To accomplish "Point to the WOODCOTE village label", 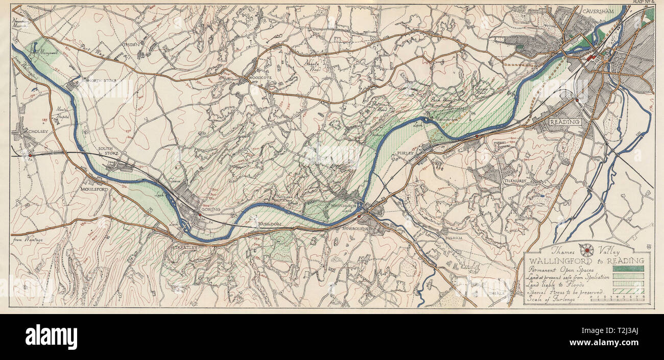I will (258, 78).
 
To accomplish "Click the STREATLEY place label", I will (184, 247).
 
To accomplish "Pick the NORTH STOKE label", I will (102, 81).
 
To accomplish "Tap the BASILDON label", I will (270, 225).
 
